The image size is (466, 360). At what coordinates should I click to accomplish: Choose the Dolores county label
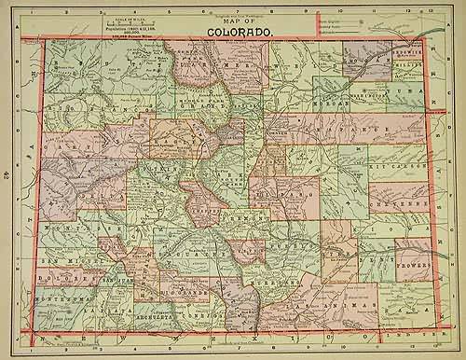66,275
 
